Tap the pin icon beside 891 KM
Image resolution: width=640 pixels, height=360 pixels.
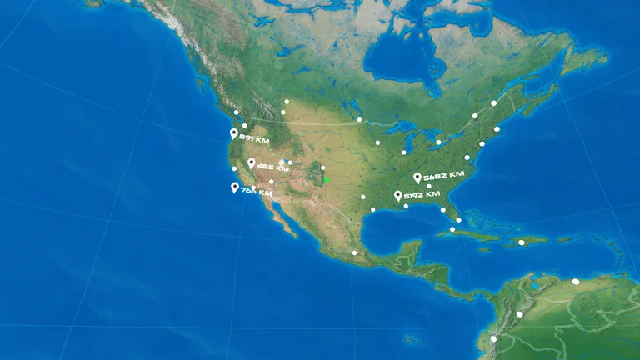[x=234, y=133]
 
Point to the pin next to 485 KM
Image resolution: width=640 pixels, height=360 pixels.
[x=251, y=163]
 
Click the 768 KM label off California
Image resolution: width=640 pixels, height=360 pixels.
[x=256, y=192]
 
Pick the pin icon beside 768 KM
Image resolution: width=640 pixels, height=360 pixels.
[x=235, y=187]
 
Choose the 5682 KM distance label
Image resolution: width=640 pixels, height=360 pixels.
[x=443, y=177]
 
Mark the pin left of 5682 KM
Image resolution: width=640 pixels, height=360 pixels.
[x=417, y=177]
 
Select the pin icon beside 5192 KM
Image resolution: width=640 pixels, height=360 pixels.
[x=398, y=196]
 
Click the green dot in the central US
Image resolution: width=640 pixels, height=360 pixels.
[x=327, y=179]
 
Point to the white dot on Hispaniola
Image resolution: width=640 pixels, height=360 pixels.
[x=522, y=242]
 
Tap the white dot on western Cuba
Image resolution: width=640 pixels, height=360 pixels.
[x=452, y=229]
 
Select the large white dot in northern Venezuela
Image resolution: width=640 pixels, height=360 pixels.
[x=575, y=282]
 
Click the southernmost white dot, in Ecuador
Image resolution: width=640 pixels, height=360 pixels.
[x=493, y=339]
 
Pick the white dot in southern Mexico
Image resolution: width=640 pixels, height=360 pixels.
[x=354, y=252]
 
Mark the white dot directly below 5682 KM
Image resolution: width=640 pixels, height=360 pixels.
[x=429, y=187]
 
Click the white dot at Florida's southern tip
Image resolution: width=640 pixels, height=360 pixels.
[x=458, y=219]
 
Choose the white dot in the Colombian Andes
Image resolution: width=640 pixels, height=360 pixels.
[x=520, y=314]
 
